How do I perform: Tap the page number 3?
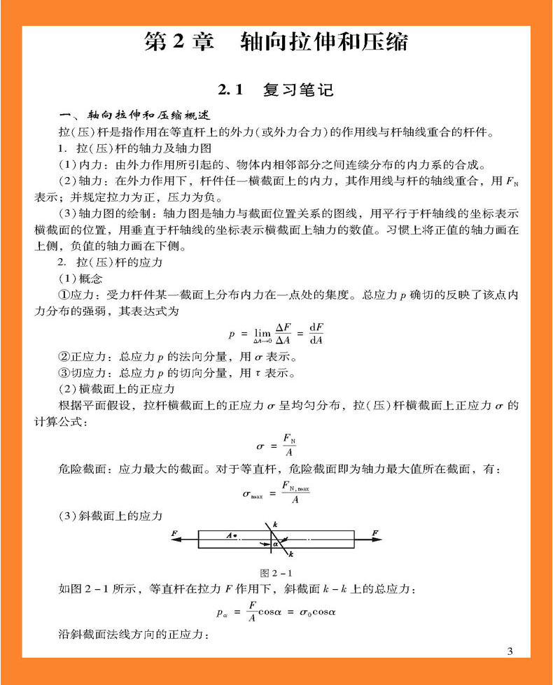[510, 651]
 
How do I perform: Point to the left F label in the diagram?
[175, 533]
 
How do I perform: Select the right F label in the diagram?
[376, 533]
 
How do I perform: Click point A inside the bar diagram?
[231, 535]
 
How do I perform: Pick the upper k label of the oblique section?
[275, 524]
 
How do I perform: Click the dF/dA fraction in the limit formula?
[316, 333]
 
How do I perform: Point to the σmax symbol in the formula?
[253, 494]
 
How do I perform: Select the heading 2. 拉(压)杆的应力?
[111, 262]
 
